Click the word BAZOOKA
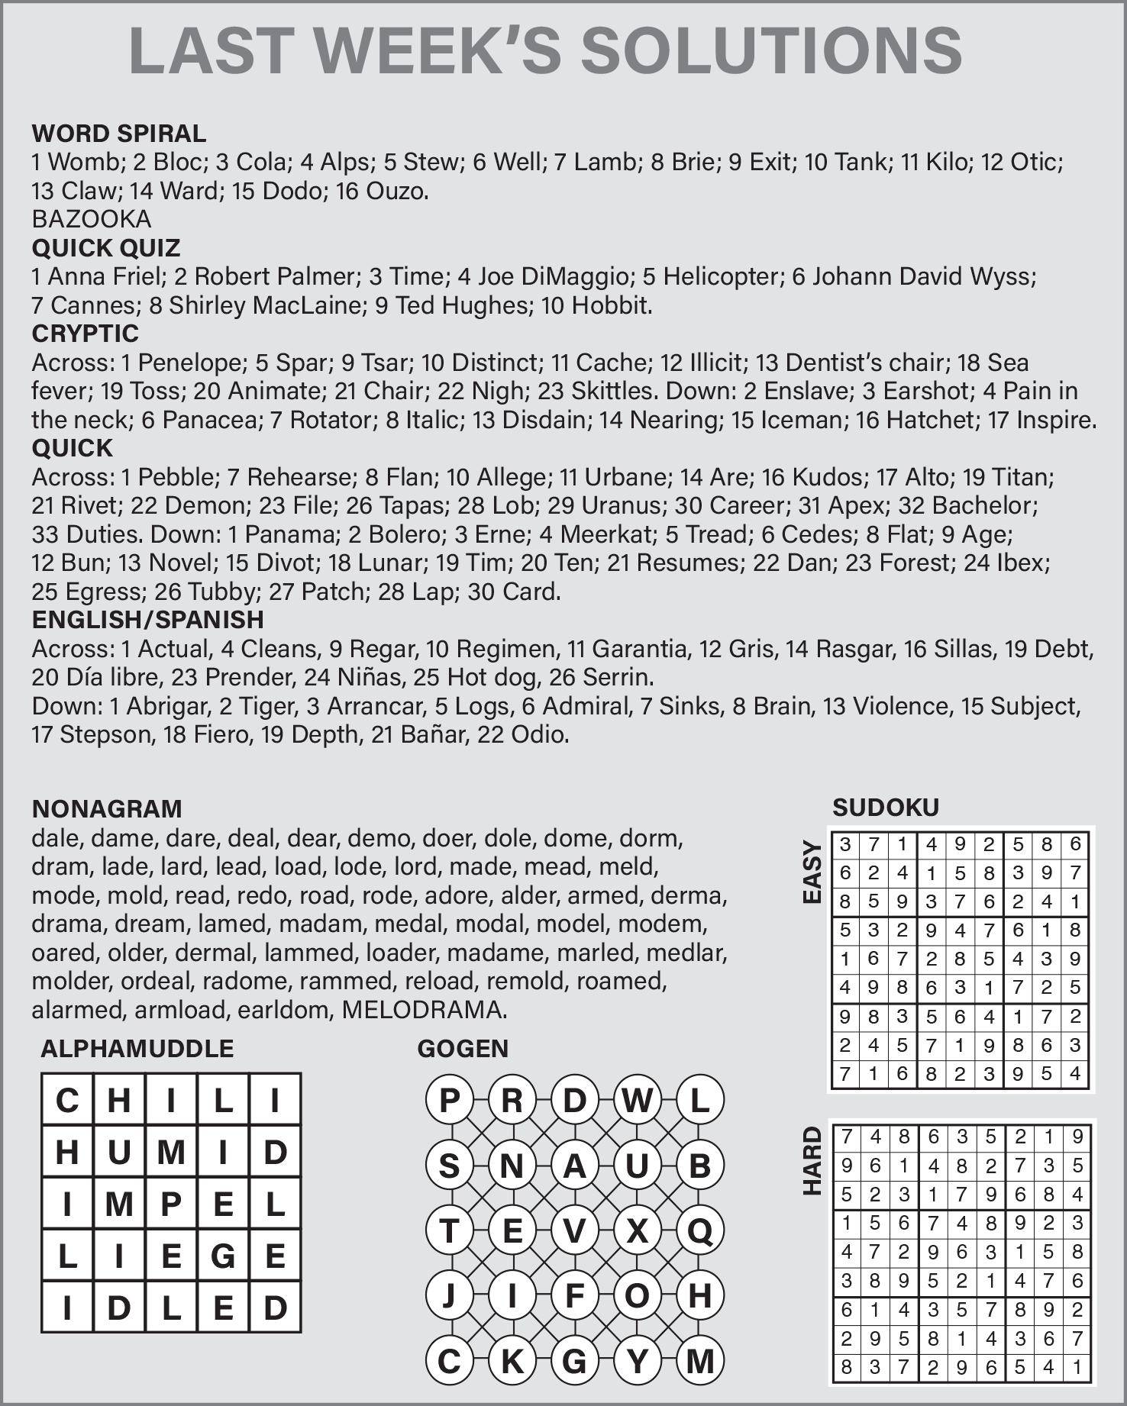tap(92, 220)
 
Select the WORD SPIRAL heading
tap(119, 134)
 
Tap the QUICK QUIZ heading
tap(106, 248)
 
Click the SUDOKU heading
tap(886, 808)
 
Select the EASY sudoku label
tap(812, 872)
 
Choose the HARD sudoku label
tap(812, 1160)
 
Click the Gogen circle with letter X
tap(637, 1231)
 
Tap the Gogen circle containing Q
tap(699, 1231)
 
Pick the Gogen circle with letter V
tap(574, 1231)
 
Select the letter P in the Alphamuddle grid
tap(171, 1204)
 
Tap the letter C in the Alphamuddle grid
tap(67, 1101)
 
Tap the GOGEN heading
tap(463, 1049)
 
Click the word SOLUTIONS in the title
tap(771, 50)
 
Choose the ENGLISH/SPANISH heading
tap(148, 620)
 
